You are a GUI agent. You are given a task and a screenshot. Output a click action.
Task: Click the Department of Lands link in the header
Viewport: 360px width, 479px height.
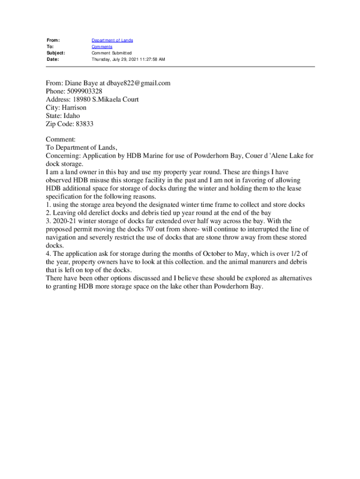point(112,40)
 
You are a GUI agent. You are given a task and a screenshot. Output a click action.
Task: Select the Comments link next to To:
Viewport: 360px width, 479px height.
point(101,47)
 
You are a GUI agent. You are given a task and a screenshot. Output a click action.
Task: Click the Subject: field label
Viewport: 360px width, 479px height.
point(56,53)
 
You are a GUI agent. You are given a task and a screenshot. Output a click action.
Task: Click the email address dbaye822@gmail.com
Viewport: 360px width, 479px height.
point(138,83)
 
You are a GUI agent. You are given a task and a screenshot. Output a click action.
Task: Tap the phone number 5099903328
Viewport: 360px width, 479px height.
point(85,91)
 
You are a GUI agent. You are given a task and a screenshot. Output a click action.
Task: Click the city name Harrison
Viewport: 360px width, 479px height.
point(73,108)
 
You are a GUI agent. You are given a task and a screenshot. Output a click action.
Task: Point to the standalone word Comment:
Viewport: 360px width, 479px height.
point(60,139)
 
